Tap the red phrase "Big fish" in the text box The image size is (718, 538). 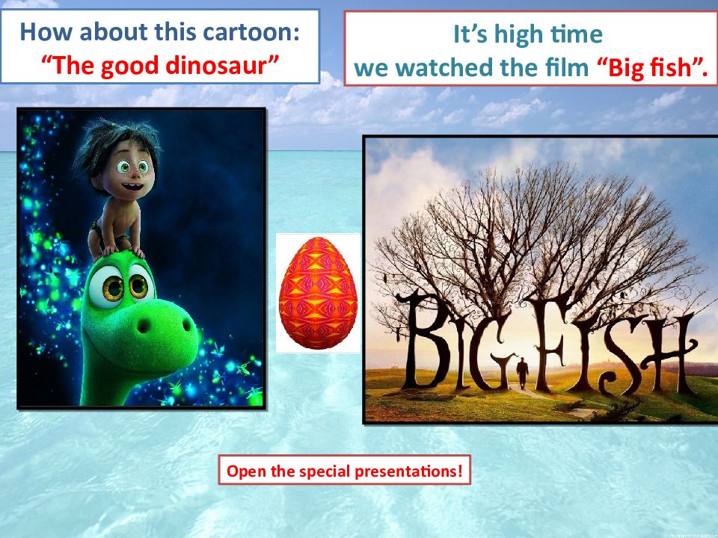652,68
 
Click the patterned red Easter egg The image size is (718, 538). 318,293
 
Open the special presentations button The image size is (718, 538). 344,470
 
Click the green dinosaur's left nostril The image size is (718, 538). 144,326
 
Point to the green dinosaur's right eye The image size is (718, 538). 139,286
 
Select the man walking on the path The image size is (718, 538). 521,372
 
